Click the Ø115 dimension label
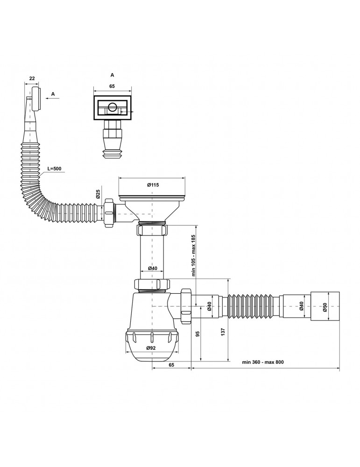coord(153,185)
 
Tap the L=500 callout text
coord(55,169)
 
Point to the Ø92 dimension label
coord(151,348)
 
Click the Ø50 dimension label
coord(325,307)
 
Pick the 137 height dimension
coord(224,332)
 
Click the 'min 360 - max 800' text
coord(263,362)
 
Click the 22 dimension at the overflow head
coord(32,78)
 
